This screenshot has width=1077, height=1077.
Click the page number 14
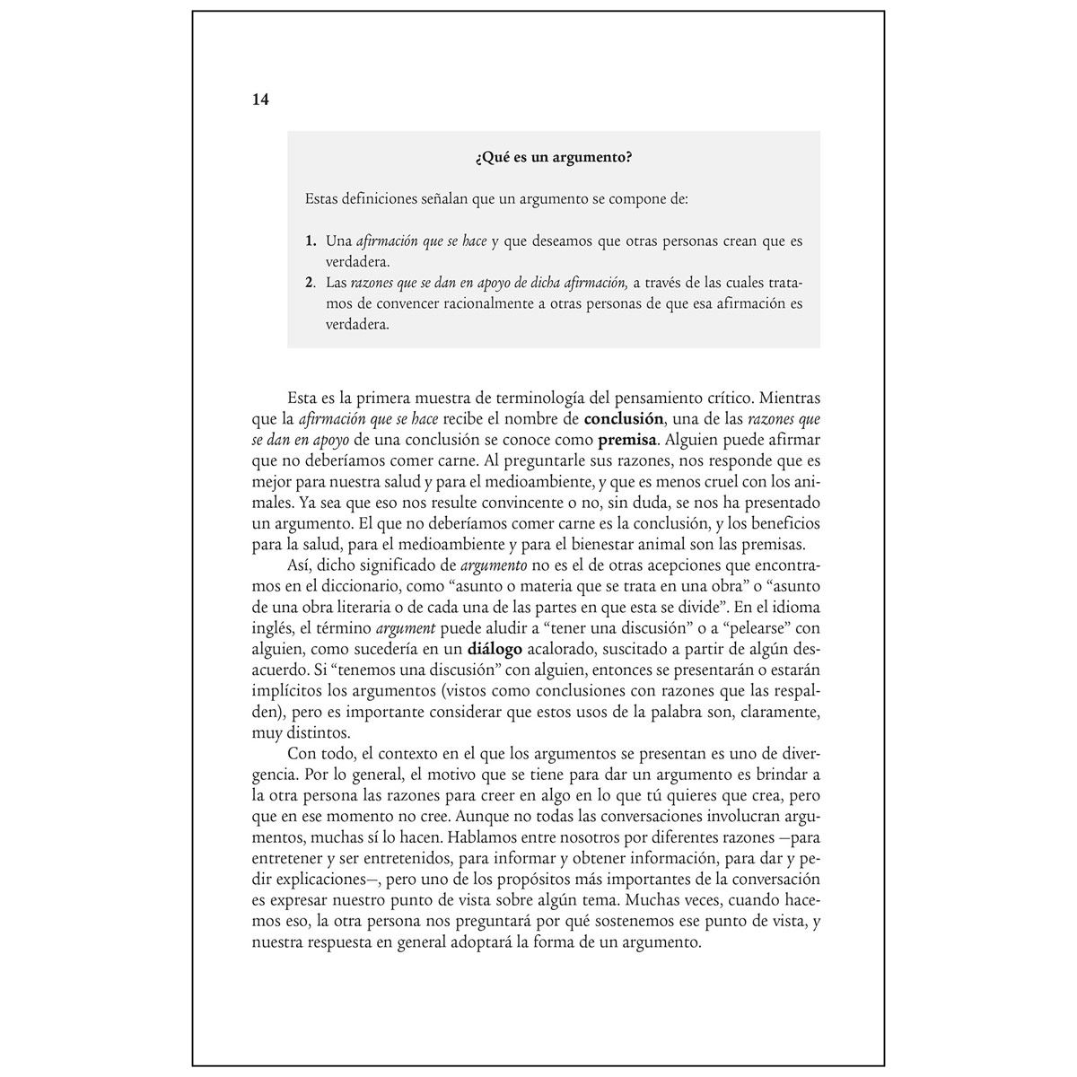pos(260,100)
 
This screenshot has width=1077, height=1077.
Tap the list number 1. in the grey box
pos(311,241)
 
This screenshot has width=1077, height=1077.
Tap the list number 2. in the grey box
pos(311,283)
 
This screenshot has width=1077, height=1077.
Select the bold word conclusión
pos(623,418)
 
